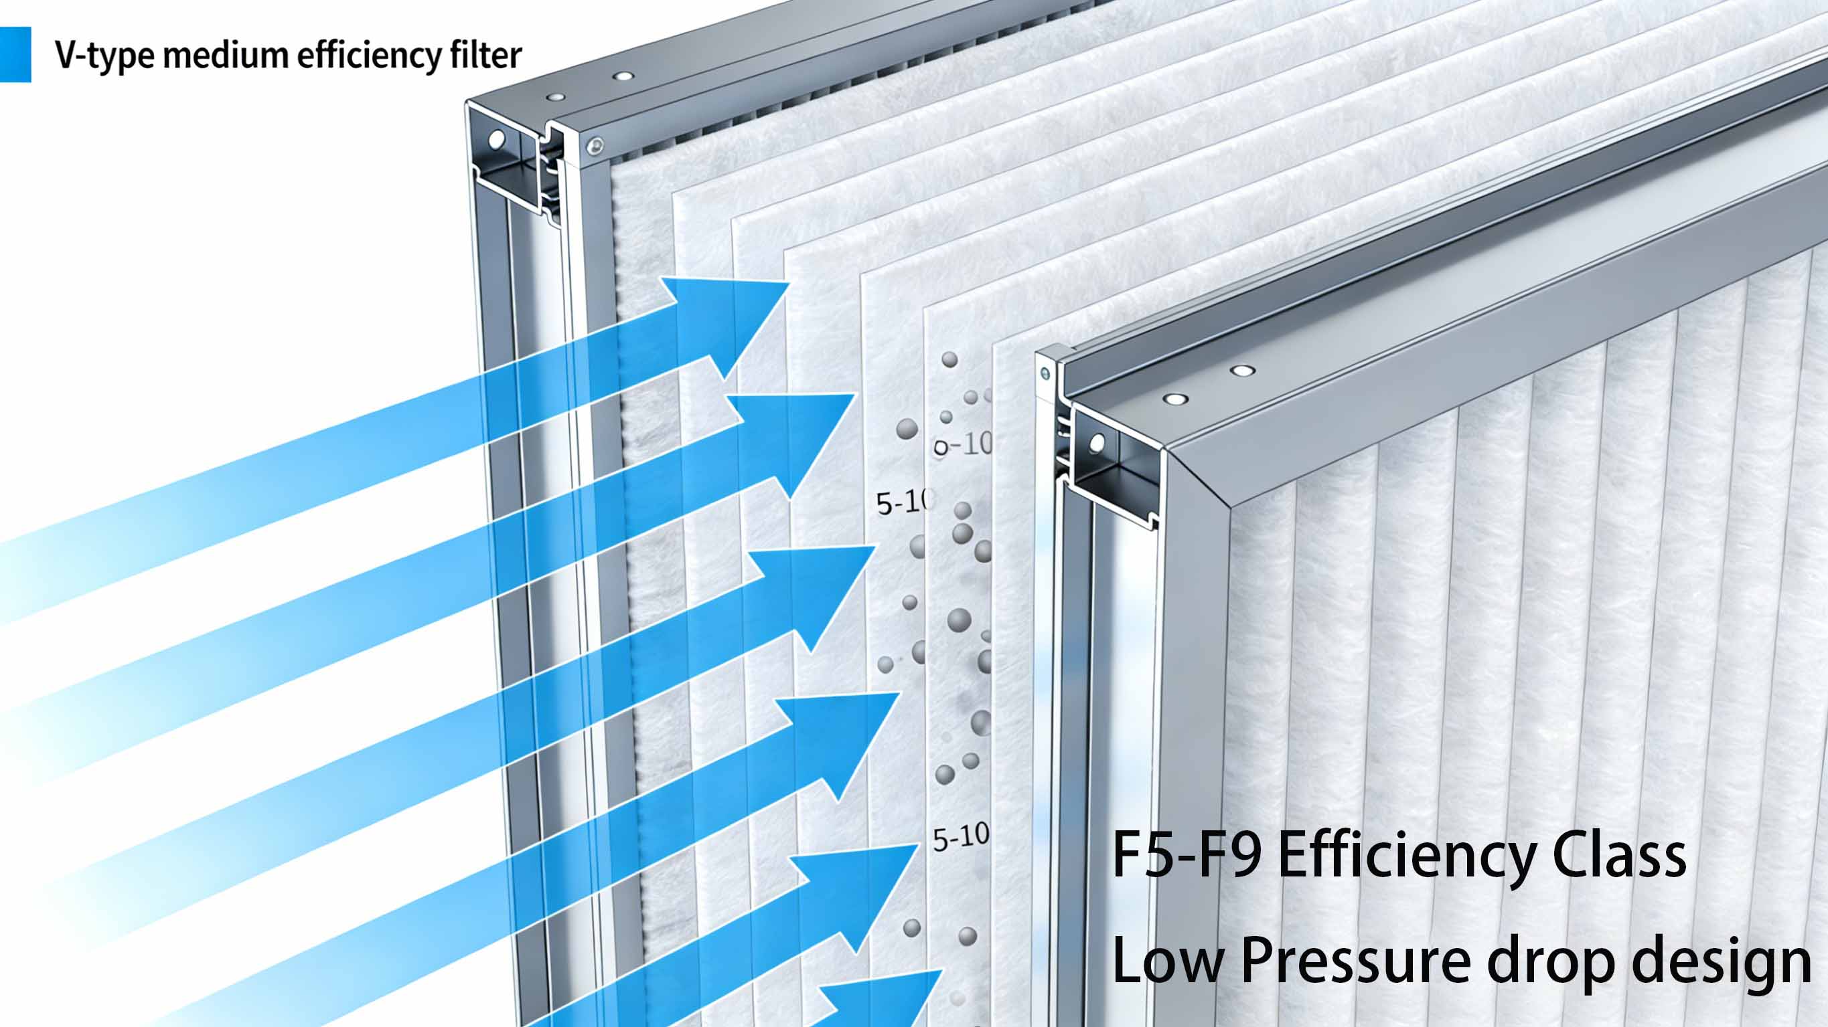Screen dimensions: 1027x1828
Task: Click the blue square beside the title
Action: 15,55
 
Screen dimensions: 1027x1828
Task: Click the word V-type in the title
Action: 104,56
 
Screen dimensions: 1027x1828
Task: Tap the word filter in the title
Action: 485,55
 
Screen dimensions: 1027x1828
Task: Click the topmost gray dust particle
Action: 949,359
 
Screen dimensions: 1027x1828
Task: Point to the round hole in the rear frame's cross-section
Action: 497,140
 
